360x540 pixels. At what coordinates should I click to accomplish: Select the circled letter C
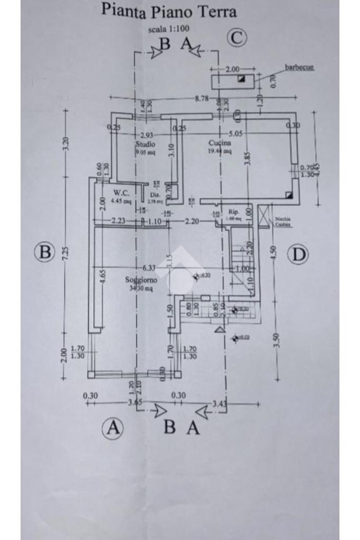tap(237, 37)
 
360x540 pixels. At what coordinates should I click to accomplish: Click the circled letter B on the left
tap(45, 252)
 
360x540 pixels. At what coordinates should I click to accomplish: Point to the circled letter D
tap(298, 255)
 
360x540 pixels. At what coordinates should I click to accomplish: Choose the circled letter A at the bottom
tap(112, 428)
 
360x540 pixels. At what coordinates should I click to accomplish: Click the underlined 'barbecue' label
tap(299, 67)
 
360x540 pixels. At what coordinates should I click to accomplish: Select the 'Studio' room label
tap(145, 144)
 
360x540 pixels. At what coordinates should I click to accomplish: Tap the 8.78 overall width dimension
tap(202, 98)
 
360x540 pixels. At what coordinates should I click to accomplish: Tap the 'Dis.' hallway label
tap(154, 195)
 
